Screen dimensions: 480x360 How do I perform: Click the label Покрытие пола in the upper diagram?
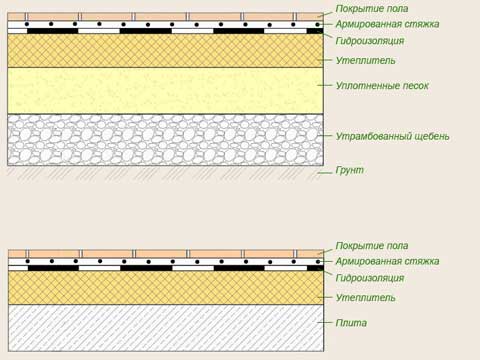(372, 9)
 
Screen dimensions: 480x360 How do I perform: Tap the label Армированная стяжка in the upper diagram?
(387, 24)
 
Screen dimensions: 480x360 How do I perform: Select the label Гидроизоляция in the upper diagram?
(370, 41)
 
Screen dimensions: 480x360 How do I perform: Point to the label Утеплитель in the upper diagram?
(365, 60)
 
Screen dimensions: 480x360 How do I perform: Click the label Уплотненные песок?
(382, 86)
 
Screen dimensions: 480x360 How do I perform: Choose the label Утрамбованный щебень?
(392, 136)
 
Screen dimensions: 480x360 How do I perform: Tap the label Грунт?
(349, 170)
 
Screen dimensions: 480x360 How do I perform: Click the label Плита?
(351, 323)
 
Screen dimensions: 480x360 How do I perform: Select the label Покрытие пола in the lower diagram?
(372, 246)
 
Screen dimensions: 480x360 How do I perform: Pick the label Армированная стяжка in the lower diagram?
(387, 261)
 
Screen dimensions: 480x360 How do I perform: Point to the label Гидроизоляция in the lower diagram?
(370, 278)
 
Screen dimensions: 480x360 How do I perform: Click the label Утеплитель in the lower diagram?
(365, 297)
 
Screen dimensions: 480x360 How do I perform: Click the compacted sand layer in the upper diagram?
(165, 91)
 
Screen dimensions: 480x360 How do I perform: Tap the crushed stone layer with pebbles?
(165, 140)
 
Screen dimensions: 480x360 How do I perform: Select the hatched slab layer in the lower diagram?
(166, 328)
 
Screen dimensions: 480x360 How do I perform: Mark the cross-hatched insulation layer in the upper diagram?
(165, 51)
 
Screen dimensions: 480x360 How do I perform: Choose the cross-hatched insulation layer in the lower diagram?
(166, 288)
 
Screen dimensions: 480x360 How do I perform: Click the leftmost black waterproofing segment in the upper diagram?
(53, 31)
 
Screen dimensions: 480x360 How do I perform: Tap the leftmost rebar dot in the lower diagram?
(28, 261)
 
